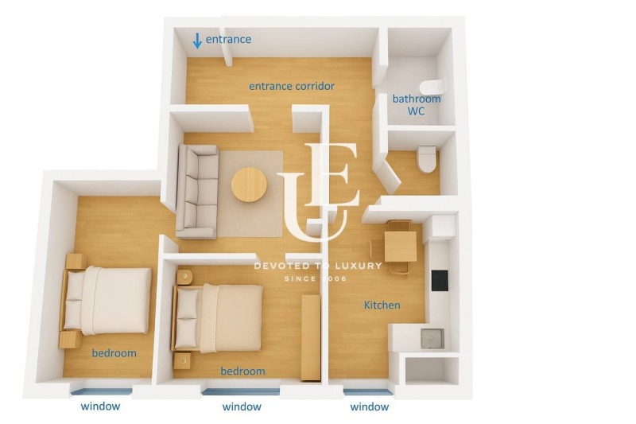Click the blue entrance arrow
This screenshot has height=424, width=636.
pos(197,41)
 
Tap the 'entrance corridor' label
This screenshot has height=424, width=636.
pos(291,86)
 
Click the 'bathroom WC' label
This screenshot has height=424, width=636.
pos(416,105)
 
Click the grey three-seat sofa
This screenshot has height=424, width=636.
pos(196,192)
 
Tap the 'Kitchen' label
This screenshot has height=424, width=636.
pos(382,305)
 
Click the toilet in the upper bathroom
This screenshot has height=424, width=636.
pos(434,87)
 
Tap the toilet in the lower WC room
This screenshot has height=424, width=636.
pos(427,158)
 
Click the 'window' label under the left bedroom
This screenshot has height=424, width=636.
pos(100,406)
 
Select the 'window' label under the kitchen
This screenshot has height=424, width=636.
pos(370,406)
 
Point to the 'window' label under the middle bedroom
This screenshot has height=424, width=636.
pos(242,406)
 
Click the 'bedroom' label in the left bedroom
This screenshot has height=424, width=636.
pos(114,352)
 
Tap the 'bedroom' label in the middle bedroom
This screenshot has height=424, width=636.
pos(242,371)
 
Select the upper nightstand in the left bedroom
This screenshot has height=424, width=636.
pos(76,261)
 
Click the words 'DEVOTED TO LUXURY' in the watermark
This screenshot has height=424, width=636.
pos(318,266)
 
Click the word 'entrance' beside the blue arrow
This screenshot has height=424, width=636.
pos(228,39)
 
